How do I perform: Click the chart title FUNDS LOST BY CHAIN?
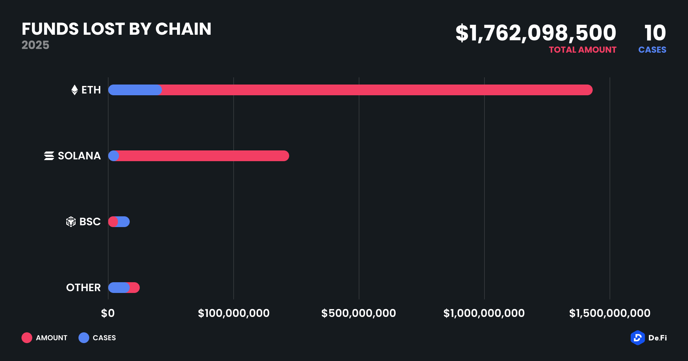point(116,29)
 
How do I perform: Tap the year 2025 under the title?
point(35,45)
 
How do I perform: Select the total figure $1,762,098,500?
point(536,33)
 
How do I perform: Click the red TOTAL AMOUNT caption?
point(583,50)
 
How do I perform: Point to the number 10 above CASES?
point(655,33)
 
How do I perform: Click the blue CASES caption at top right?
point(652,50)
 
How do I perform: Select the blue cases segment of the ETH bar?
point(135,90)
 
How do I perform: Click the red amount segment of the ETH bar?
point(376,90)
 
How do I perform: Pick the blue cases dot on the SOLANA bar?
point(114,156)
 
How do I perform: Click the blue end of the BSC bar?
point(124,222)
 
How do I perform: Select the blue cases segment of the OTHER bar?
point(119,288)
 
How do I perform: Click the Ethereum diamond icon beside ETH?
point(75,90)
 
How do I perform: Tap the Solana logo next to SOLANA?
point(49,156)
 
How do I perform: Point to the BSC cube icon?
point(71,222)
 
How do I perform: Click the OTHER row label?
point(83,288)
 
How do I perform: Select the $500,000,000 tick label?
point(359,313)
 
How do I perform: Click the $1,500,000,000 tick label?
point(610,313)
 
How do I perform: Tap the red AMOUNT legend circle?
point(27,338)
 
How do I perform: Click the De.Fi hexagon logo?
point(637,338)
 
